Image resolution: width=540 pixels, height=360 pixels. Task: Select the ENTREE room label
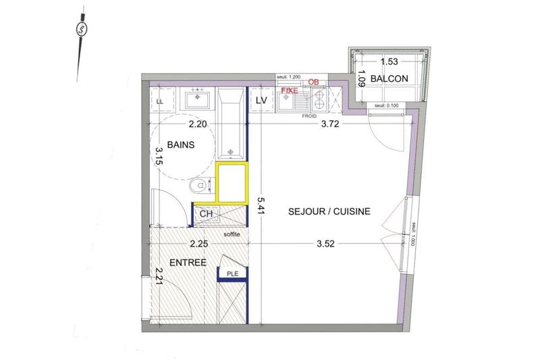[188, 262]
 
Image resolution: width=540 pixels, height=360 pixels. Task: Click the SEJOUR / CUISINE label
[329, 211]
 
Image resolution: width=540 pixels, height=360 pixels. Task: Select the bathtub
[232, 122]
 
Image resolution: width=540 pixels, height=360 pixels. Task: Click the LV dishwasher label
[263, 101]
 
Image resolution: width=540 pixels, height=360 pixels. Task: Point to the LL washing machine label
[160, 102]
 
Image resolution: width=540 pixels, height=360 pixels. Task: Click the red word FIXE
[290, 89]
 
